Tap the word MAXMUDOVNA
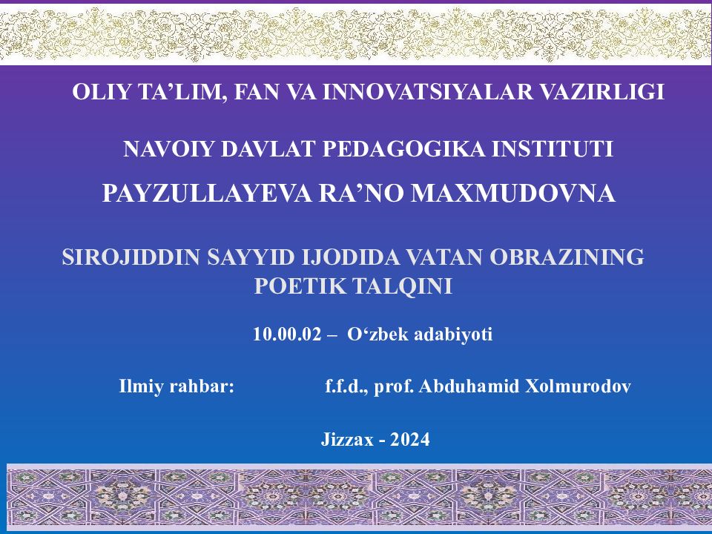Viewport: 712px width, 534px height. (513, 194)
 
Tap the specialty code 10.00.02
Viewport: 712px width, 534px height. (286, 334)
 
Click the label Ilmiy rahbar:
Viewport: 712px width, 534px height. (177, 386)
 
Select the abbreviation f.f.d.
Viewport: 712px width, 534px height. (346, 386)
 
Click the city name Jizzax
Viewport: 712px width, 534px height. (346, 439)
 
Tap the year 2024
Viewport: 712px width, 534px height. (410, 439)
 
